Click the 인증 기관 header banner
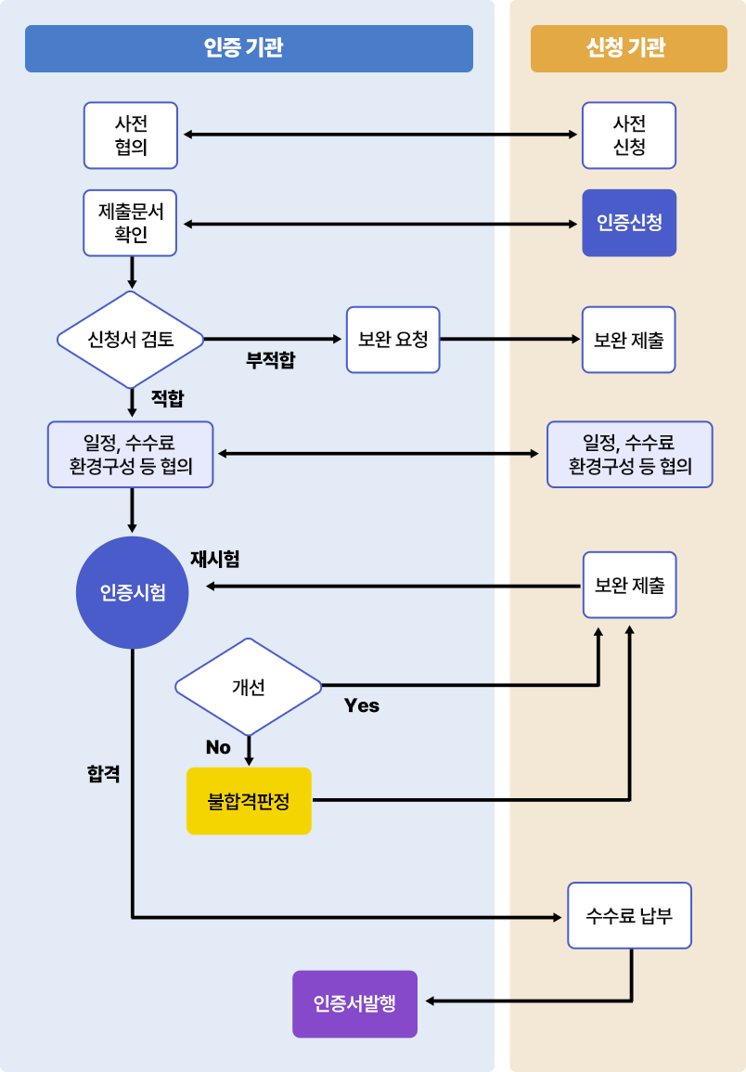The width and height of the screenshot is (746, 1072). click(249, 48)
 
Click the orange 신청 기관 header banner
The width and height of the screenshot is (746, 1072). click(628, 48)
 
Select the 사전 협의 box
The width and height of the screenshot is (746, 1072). click(130, 136)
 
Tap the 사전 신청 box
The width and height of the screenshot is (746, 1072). click(628, 136)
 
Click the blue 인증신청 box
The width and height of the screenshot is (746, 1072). click(628, 223)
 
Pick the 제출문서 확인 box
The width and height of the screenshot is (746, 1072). click(130, 223)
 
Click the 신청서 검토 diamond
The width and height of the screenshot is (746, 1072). click(130, 340)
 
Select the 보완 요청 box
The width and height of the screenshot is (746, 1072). click(392, 340)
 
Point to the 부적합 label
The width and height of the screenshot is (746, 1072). click(270, 361)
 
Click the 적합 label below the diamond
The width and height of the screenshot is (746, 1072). click(167, 399)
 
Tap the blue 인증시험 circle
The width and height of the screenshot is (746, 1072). click(132, 593)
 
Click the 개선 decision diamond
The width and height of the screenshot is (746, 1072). click(248, 687)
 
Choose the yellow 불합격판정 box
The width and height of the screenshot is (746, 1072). click(249, 801)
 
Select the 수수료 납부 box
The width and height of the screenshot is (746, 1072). click(629, 916)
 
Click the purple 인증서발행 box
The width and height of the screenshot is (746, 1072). click(354, 1003)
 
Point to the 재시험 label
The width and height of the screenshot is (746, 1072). click(214, 559)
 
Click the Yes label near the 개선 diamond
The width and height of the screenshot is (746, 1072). click(361, 706)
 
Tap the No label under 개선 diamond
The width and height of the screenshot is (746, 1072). click(218, 748)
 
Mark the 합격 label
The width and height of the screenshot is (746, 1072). click(103, 774)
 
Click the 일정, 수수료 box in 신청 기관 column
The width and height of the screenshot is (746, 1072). click(629, 455)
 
